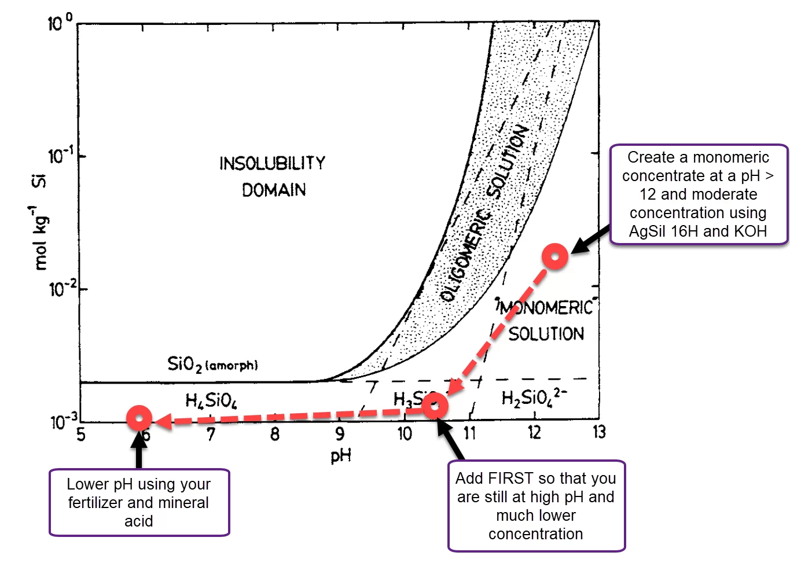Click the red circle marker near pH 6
(139, 418)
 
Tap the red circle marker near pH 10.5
(435, 406)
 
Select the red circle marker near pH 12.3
(555, 256)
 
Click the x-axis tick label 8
(275, 433)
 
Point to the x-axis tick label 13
(598, 432)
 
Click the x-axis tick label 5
(81, 433)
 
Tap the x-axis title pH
(341, 456)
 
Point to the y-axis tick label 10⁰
(60, 24)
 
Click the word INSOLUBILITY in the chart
(272, 163)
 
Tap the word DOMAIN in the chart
(274, 190)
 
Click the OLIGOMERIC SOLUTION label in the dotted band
(483, 214)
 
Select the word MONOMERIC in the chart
(547, 307)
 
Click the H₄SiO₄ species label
(211, 400)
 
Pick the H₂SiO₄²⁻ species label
(534, 398)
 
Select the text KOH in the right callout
(750, 231)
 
